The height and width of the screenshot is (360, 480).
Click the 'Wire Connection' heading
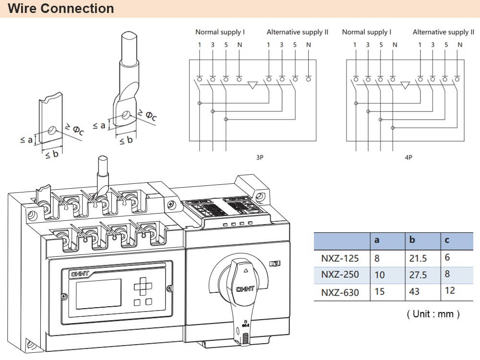pos(61,9)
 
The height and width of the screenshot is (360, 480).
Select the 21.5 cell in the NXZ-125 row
pos(418,258)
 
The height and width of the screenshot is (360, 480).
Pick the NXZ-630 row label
pos(340,292)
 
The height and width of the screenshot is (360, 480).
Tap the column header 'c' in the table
pos(447,240)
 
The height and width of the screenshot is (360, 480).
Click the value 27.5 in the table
pos(418,275)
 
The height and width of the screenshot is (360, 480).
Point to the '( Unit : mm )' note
pos(433,314)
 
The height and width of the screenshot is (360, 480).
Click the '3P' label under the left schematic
pos(260,157)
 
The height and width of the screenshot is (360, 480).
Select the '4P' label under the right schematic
pos(408,157)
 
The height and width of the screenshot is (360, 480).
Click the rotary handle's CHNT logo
pos(245,289)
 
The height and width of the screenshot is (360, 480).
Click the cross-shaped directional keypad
pos(143,287)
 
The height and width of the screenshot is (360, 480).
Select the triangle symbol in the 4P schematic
pos(405,85)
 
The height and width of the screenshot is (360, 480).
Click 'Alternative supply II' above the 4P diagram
pos(443,32)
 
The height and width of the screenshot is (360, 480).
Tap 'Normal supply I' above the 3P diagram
pos(220,32)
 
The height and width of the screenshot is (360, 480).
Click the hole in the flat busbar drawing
pos(52,130)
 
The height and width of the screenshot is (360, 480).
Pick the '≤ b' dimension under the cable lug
pos(126,141)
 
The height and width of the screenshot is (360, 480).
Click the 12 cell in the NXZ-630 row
pos(450,290)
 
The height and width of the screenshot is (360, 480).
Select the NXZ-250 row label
pos(340,275)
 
